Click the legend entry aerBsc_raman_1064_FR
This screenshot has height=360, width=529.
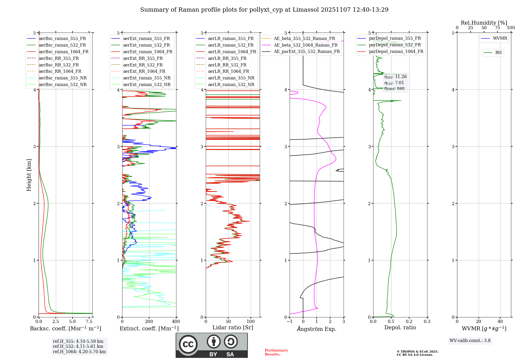[63, 52]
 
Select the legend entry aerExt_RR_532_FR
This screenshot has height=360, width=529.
[143, 65]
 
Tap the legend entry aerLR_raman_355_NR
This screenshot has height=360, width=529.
[231, 78]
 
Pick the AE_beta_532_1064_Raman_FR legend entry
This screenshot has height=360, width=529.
[305, 45]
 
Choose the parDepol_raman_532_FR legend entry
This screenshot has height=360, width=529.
[395, 45]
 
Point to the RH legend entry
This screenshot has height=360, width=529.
[498, 53]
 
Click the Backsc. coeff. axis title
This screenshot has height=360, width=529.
[65, 328]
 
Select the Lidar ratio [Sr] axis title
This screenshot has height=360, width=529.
[232, 327]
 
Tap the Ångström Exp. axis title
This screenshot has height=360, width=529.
[316, 329]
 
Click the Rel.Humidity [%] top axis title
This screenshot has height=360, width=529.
[484, 23]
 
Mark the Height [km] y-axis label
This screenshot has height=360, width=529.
[29, 175]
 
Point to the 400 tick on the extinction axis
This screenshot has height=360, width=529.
[176, 322]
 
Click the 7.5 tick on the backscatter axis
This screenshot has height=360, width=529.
[89, 322]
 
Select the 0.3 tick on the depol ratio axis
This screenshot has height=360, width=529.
[427, 322]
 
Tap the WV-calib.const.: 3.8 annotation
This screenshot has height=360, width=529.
[470, 341]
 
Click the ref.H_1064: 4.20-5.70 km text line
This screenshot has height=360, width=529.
[79, 352]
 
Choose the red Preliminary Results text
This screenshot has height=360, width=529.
[276, 352]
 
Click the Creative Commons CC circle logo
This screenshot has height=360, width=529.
[188, 344]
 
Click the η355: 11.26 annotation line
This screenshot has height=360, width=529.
[395, 77]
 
